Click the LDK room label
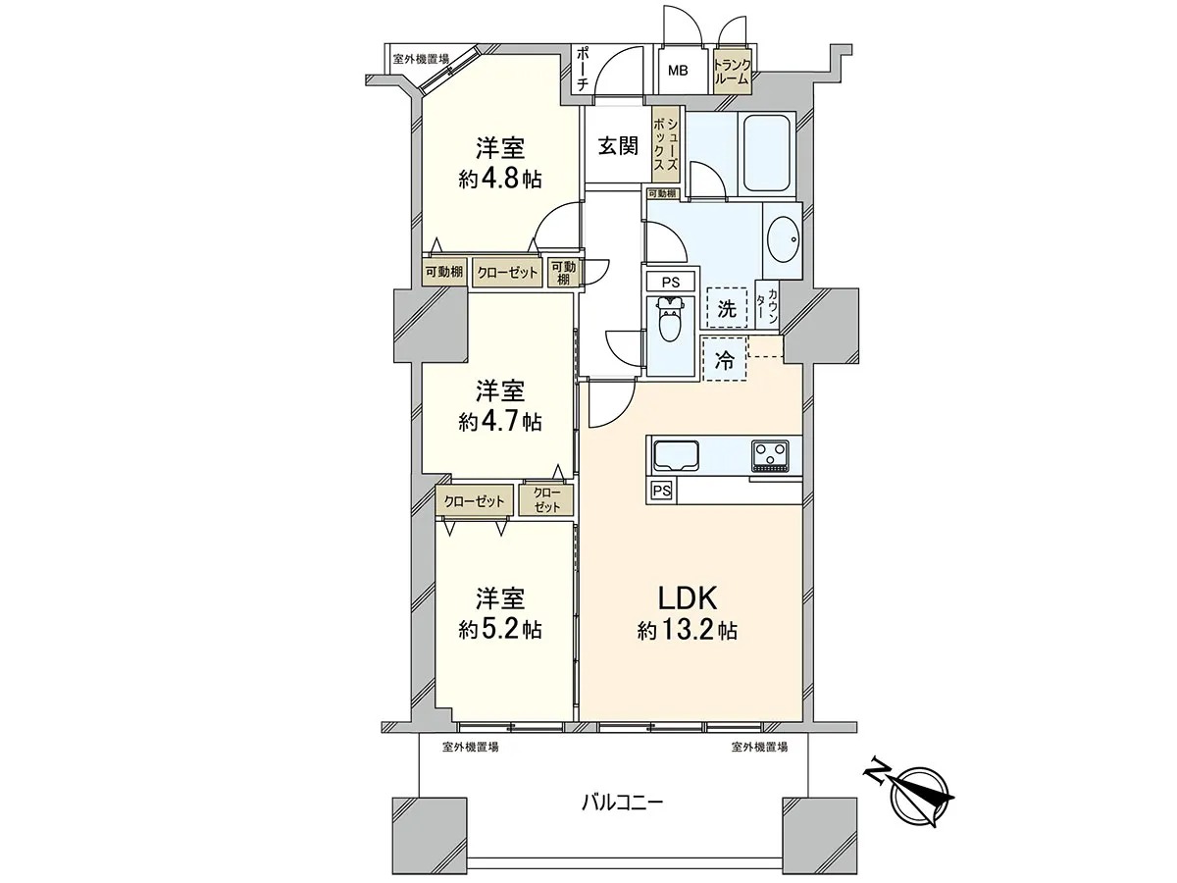[688, 598]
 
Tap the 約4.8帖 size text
[500, 180]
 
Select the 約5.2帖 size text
[500, 630]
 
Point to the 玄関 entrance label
[618, 145]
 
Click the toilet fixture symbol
[670, 320]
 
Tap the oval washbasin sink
[784, 239]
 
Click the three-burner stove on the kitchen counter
[771, 455]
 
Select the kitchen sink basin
[676, 455]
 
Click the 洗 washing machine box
[727, 308]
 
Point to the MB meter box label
[678, 71]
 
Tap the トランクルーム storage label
[732, 72]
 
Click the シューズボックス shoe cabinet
[665, 145]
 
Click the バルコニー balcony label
[623, 817]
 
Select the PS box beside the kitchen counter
[662, 491]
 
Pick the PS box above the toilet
[670, 282]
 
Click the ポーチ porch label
[584, 70]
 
